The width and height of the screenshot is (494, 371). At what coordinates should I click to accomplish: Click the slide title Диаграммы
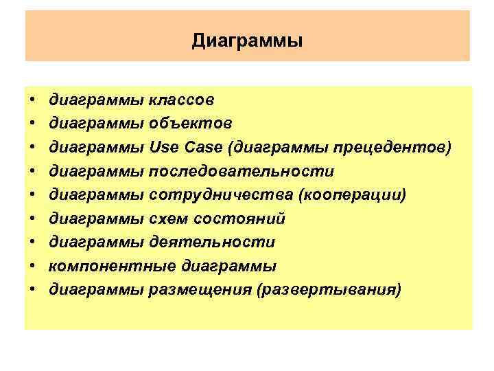247,41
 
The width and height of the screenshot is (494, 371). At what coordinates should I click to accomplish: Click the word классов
182,100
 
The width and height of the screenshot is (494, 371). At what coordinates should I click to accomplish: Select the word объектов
191,124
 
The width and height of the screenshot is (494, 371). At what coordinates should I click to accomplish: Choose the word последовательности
242,172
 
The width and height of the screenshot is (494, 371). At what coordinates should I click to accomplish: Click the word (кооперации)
351,195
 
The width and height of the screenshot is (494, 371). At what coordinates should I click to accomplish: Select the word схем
165,219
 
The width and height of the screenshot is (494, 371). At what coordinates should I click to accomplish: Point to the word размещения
199,290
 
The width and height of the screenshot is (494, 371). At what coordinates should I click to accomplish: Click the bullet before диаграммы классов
32,101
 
